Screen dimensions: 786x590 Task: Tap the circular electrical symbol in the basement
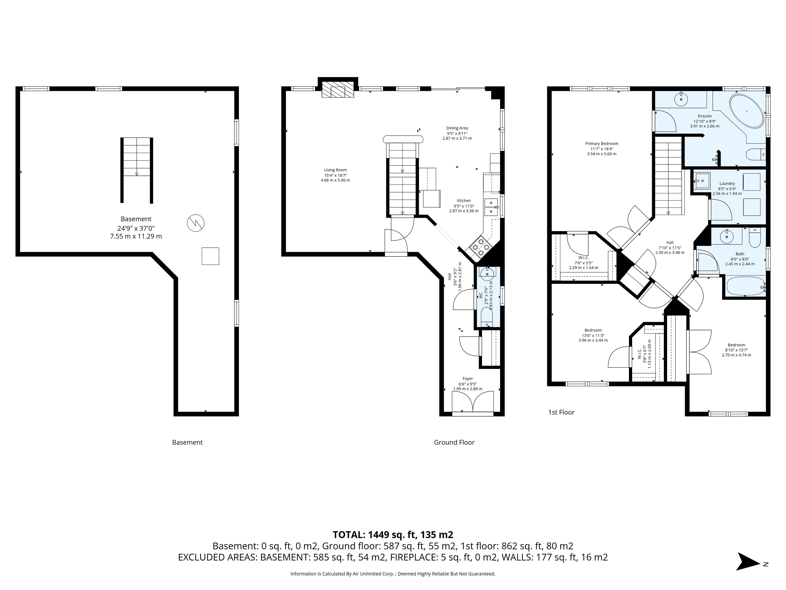195,223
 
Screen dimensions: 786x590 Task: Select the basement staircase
137,170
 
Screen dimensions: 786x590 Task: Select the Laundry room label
727,184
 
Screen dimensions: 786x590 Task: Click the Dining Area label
457,128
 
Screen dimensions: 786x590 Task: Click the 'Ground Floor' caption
454,442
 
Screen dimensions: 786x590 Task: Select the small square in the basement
210,256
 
